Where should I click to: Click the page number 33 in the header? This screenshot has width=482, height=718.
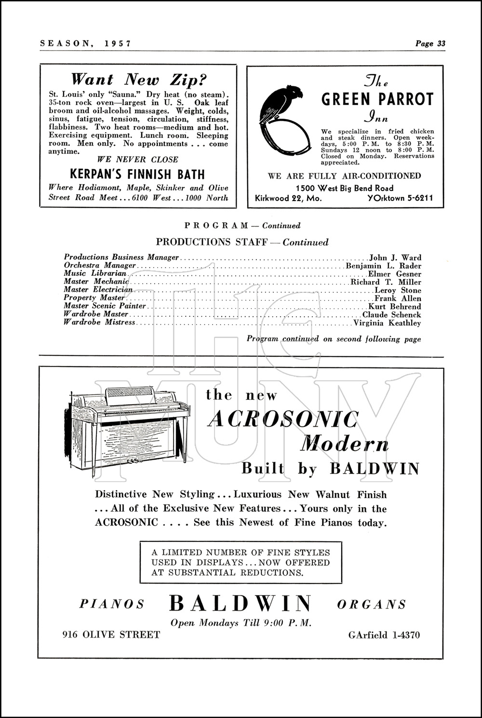pos(441,43)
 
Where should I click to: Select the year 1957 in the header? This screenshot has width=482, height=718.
pos(118,43)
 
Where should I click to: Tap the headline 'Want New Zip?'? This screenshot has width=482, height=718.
pos(139,79)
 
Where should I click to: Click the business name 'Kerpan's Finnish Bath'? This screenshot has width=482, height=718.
pos(137,174)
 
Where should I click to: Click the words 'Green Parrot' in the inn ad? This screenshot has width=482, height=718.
pos(377,99)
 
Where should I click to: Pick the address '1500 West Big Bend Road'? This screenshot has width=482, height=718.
pos(345,188)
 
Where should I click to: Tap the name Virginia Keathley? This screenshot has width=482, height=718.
pos(387,323)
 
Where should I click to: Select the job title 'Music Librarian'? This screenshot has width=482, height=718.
pos(95,273)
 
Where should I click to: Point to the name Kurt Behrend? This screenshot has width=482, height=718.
pos(394,307)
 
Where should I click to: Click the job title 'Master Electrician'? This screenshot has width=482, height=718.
pos(98,290)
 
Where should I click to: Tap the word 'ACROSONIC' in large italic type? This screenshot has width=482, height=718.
pos(283,420)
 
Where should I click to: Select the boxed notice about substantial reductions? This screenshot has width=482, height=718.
pos(241,562)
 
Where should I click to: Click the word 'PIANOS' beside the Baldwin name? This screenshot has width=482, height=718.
pos(112,604)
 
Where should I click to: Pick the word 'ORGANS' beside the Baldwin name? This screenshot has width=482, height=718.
pos(371,604)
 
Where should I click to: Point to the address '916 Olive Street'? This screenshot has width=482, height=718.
pos(111,635)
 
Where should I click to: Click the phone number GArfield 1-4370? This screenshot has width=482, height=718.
pos(384,635)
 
